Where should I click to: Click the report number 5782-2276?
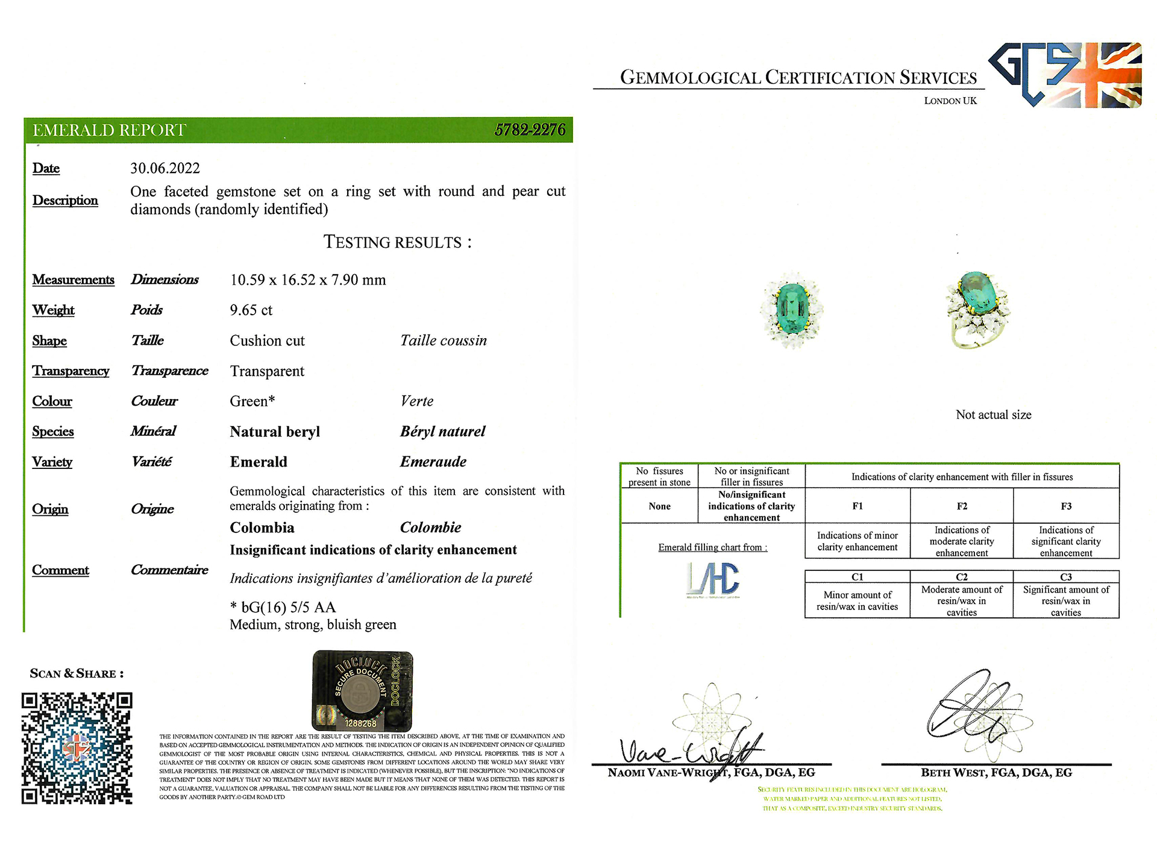coord(530,130)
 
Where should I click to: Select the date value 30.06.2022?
coord(165,168)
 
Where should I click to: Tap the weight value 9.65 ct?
coord(251,310)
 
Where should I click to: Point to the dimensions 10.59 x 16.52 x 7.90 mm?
coord(307,280)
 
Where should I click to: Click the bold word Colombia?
coord(262,527)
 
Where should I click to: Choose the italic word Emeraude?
coord(433,462)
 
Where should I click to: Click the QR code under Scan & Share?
coord(77,748)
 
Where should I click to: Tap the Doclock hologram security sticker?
coord(362,690)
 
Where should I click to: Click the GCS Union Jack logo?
coord(1065,75)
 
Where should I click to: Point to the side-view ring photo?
coord(976,309)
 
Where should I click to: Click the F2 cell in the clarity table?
coord(962,506)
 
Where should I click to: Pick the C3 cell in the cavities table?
coord(1065,577)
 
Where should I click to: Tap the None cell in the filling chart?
coord(659,506)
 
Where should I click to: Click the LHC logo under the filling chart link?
coord(713,580)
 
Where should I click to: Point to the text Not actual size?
coord(993,415)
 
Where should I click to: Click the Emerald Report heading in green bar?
coord(109,130)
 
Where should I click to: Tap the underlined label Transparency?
coord(71,371)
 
